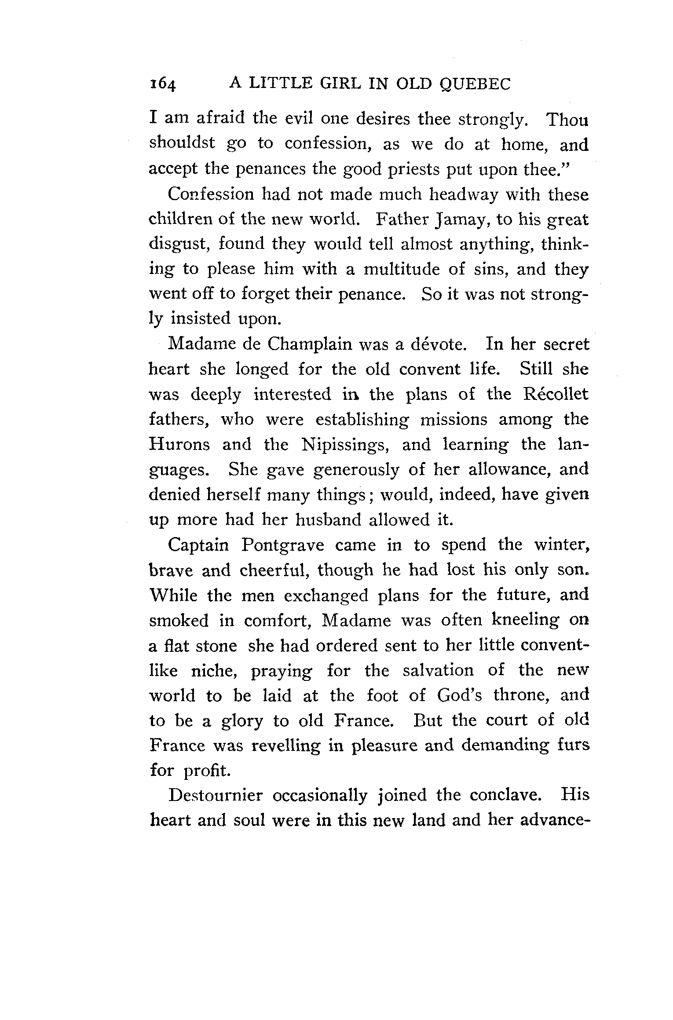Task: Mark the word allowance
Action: [507, 470]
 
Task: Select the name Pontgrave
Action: [282, 546]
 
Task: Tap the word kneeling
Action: [525, 621]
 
